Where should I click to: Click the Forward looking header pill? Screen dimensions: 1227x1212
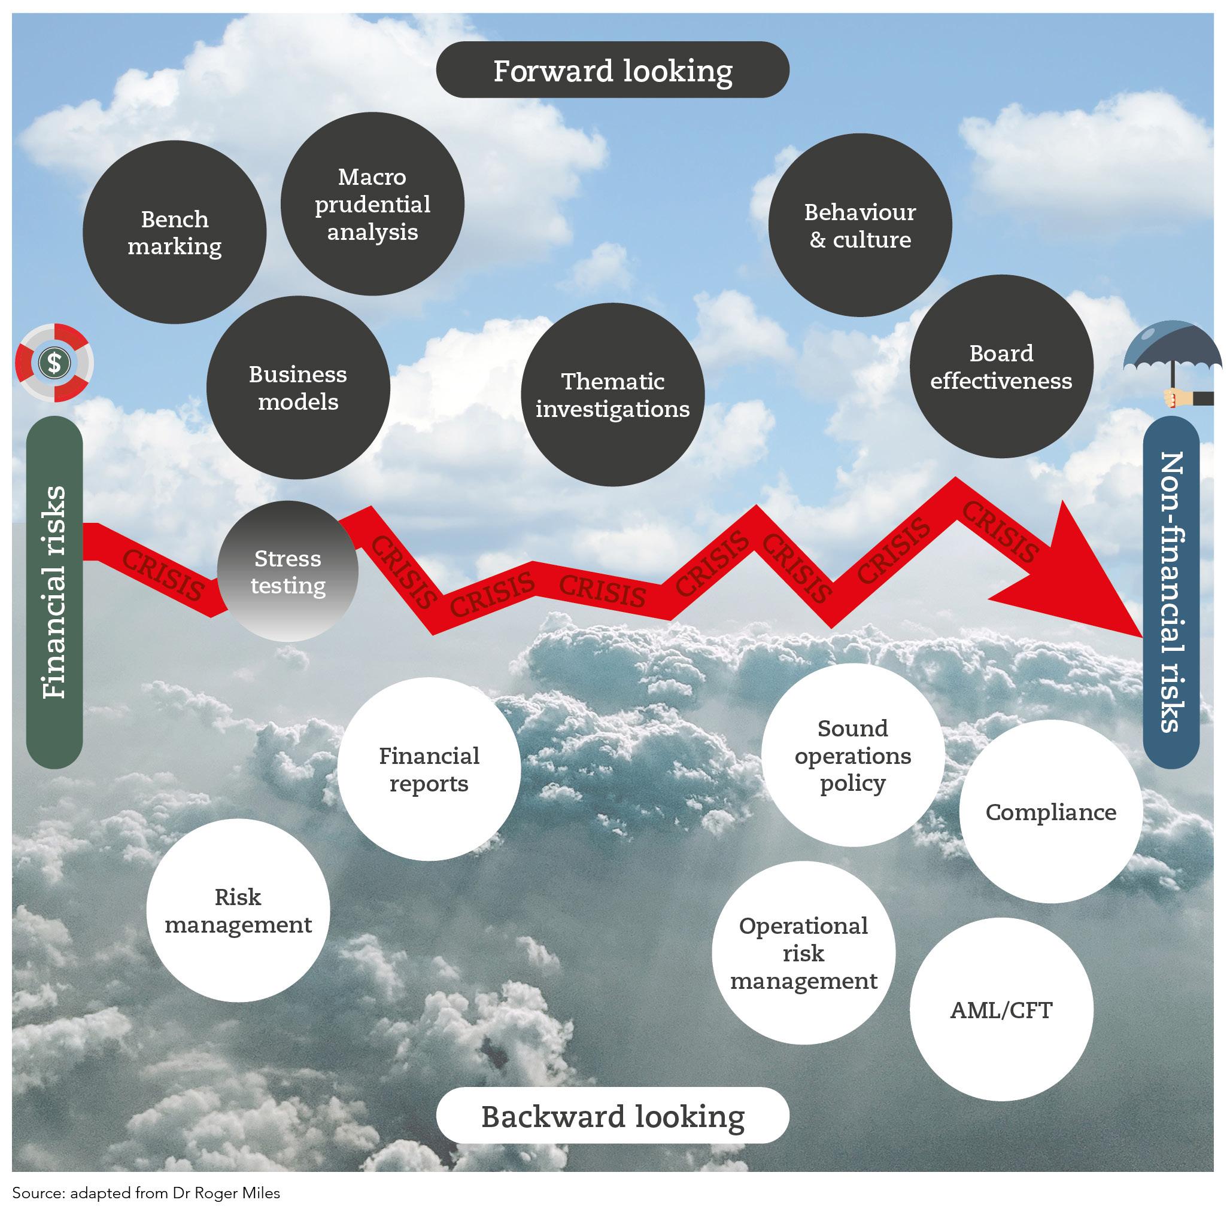point(612,70)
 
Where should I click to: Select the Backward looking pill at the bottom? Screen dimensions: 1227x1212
point(612,1116)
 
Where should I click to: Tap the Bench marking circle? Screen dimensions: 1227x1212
point(175,232)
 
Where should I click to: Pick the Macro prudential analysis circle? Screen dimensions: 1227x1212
point(373,204)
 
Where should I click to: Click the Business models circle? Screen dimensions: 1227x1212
point(298,388)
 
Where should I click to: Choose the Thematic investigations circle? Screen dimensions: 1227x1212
point(612,395)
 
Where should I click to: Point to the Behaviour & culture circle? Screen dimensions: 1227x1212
point(860,226)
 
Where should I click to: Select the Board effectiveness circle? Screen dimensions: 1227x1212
point(1001,367)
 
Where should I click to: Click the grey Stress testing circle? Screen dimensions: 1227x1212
point(288,571)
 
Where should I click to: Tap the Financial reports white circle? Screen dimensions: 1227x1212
point(429,769)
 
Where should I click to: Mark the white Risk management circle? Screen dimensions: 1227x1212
point(238,910)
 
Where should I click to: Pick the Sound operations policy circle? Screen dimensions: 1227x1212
point(852,755)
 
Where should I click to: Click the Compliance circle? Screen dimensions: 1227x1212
point(1050,812)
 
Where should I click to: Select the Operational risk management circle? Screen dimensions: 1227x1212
point(803,953)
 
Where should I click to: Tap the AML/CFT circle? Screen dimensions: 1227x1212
point(1001,1009)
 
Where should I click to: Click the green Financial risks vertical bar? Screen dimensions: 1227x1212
point(54,592)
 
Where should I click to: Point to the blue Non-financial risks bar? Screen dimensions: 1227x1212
point(1171,592)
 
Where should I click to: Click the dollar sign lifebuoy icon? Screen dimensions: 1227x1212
point(54,363)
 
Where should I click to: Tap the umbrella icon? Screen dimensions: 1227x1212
point(1173,362)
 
